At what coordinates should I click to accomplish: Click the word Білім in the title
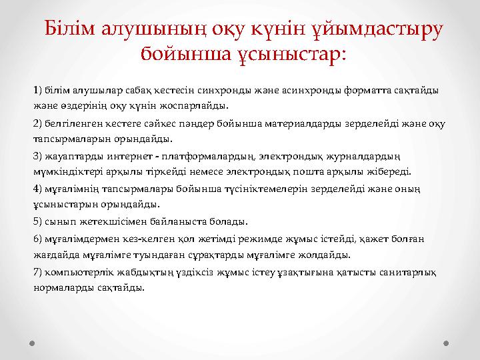click(67, 29)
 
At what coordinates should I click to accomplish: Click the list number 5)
click(37, 221)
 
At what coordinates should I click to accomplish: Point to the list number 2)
click(37, 123)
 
